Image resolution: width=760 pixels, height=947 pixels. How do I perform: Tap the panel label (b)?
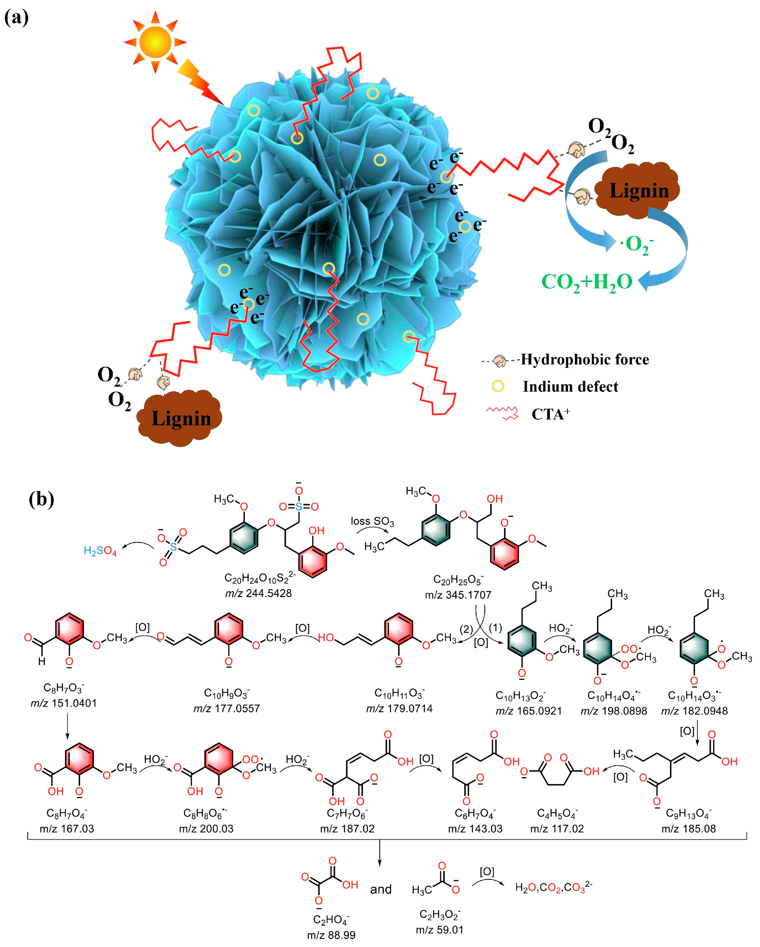[41, 499]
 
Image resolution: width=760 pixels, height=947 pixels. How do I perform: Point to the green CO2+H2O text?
[587, 281]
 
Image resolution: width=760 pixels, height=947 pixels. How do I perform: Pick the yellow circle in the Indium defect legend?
[498, 386]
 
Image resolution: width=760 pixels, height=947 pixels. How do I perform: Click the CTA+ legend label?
[550, 414]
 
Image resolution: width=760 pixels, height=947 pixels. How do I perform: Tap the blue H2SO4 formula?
[100, 551]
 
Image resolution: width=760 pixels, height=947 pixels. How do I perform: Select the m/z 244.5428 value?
[258, 593]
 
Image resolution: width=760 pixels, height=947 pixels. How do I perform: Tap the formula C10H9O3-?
[227, 693]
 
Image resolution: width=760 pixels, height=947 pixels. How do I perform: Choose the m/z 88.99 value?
[331, 935]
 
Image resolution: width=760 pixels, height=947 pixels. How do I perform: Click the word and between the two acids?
[381, 889]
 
